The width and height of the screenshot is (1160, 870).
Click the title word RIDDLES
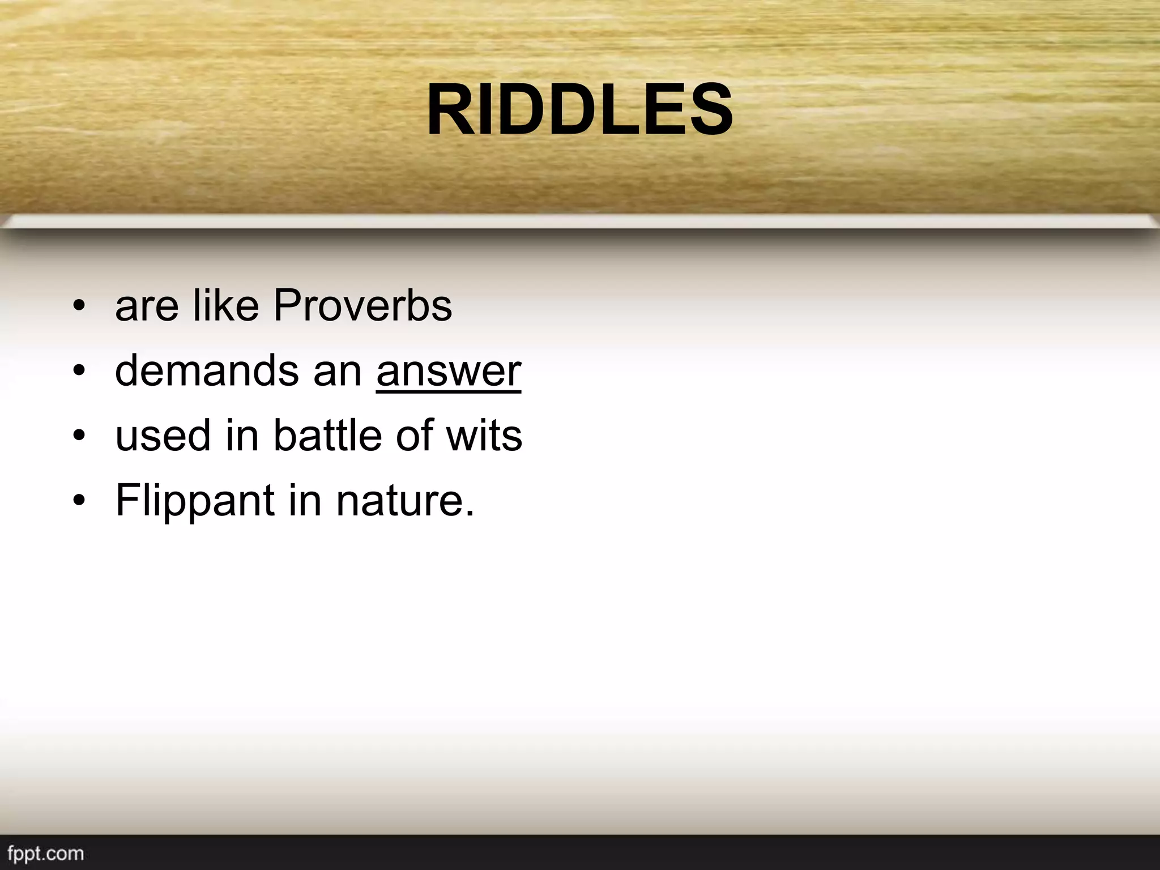(579, 110)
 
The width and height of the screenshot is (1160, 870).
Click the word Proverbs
(362, 306)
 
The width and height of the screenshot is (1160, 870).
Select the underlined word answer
(448, 372)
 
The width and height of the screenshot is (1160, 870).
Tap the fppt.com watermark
(46, 854)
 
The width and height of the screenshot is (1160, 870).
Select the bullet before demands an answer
(79, 372)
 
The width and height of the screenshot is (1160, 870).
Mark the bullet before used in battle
(79, 437)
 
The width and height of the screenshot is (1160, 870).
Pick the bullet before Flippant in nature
(79, 502)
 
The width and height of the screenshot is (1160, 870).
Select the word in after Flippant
(305, 501)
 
